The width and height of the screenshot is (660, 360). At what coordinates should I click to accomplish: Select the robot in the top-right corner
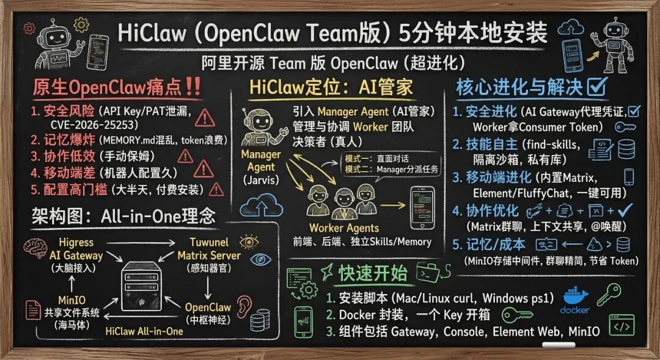pos(618,44)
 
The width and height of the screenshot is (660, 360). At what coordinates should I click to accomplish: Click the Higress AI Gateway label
pos(76,249)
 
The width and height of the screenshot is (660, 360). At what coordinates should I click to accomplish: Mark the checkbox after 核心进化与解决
pos(596,87)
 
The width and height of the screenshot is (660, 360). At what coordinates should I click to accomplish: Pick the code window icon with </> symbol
pos(621,326)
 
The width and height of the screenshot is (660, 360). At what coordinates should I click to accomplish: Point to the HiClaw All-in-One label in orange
pos(144,331)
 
